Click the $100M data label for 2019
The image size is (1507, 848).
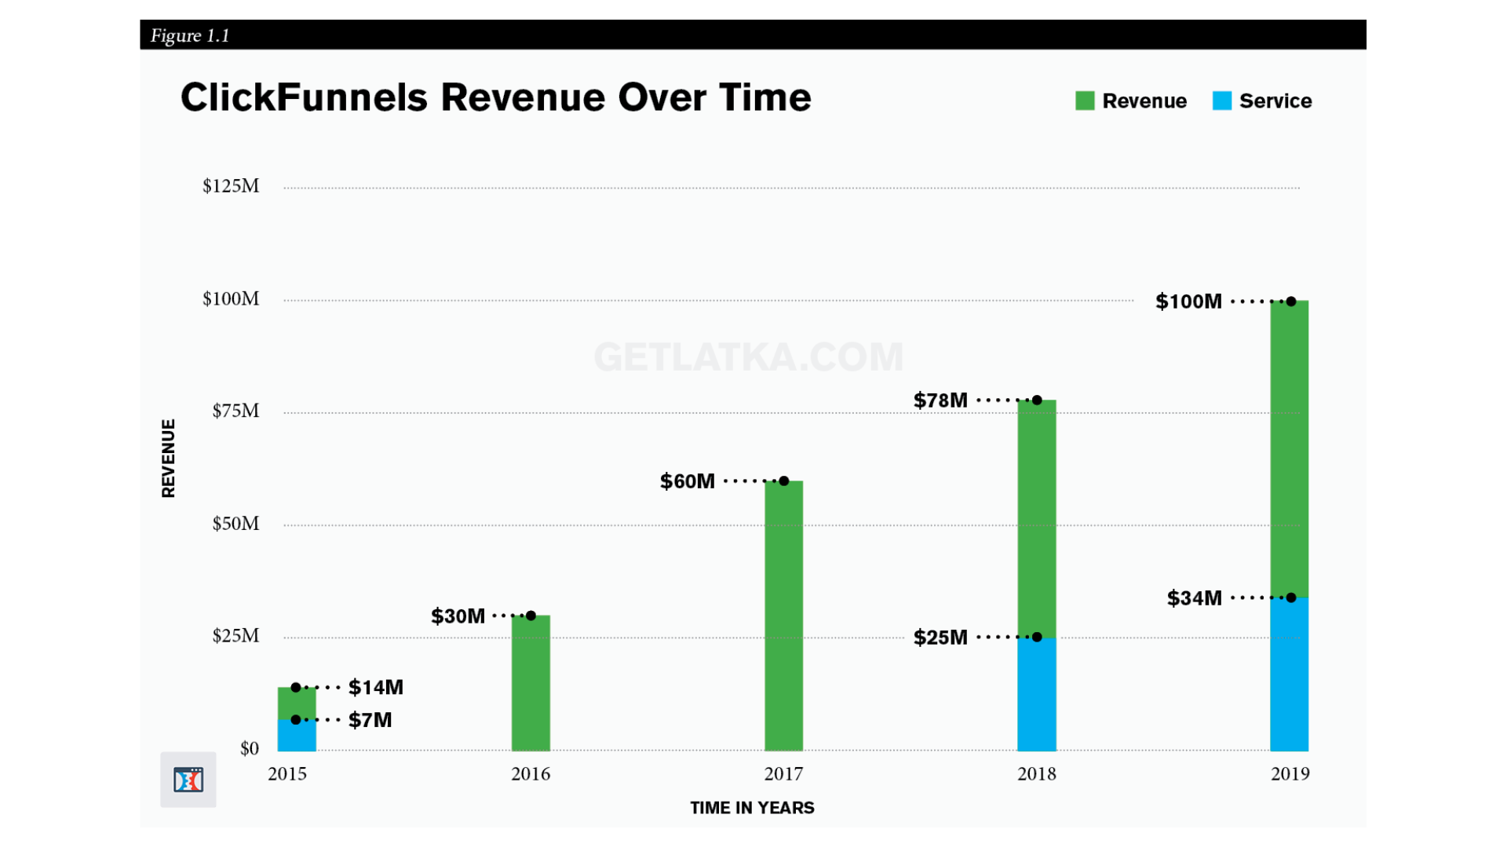(1188, 302)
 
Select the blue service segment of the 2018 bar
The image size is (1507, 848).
(1036, 694)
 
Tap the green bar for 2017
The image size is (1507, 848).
(783, 616)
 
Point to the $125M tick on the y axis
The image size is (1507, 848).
(231, 186)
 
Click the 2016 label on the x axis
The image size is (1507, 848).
(531, 774)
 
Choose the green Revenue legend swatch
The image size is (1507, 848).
(1085, 101)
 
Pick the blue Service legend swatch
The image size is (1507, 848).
(1221, 101)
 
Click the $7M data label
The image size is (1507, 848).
(370, 720)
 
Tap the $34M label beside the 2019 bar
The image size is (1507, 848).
(1194, 598)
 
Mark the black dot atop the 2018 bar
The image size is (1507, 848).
(1037, 400)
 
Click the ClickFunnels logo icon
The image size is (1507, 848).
(188, 780)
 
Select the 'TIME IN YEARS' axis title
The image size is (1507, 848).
(752, 808)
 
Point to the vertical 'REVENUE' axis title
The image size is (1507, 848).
(168, 459)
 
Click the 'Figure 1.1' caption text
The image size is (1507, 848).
(190, 35)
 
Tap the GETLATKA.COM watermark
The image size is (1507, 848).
(749, 357)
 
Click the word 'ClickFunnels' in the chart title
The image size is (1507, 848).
(305, 97)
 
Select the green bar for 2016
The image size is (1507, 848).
(531, 683)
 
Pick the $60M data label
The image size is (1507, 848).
(687, 481)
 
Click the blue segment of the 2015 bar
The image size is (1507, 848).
(297, 735)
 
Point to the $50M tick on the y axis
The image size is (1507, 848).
(235, 524)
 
